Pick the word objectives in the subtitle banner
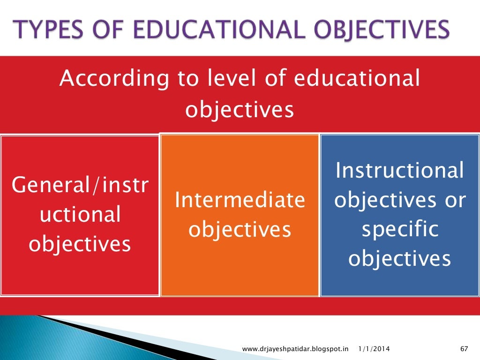coord(240,109)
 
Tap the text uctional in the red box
coord(80,215)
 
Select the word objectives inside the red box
coord(80,244)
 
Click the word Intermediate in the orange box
coord(240,201)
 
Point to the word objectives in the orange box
coord(240,230)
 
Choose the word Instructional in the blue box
coord(400,171)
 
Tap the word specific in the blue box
coord(400,230)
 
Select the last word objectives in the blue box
coord(400,259)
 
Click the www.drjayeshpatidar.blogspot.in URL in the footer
coord(296,349)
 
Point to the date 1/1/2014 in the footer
coord(374,349)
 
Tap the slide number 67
coord(465,349)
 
